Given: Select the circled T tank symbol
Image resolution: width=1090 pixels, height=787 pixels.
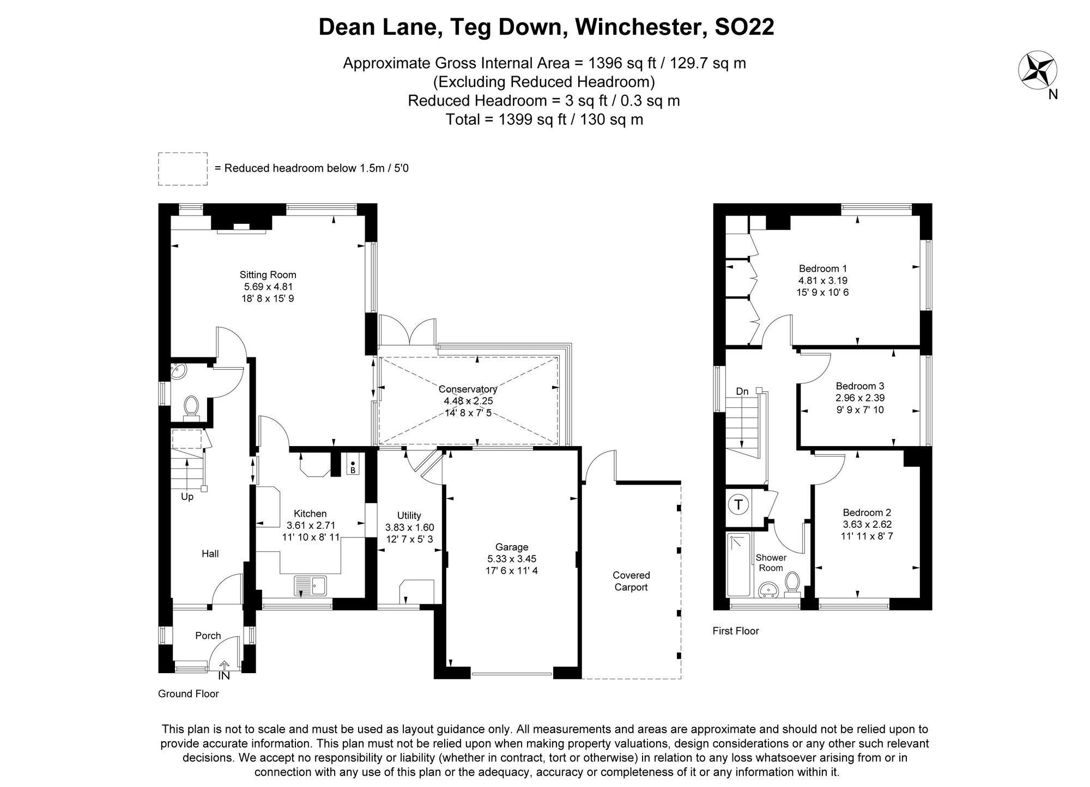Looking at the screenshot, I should pos(738,505).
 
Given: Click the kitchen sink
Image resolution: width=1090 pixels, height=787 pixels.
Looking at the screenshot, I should pos(310,586).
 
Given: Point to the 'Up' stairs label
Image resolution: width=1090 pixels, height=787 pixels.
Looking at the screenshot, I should pos(187,497).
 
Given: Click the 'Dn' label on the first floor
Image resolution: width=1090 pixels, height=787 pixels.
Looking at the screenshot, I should pos(742,391).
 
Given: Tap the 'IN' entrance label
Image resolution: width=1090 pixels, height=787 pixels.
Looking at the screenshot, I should pos(224,676).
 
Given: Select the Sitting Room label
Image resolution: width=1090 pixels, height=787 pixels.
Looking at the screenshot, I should pos(268,275).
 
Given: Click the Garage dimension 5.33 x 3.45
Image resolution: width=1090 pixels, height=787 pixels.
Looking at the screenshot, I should pos(511,559).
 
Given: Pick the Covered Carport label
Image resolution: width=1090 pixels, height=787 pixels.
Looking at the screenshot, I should pos(631,581).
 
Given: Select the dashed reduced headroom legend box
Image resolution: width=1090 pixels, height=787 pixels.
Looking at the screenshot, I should pos(183,169).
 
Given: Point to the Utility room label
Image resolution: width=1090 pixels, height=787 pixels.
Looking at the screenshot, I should pos(409,515).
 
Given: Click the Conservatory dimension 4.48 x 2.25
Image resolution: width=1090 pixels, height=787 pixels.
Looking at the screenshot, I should pos(468,401).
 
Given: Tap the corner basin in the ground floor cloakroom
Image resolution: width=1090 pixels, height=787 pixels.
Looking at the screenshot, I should pos(178,372).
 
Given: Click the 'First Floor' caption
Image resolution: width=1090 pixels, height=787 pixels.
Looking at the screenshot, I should pos(736,631).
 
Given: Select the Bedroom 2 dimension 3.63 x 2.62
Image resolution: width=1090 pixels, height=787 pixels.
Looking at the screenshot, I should pos(867,524).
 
